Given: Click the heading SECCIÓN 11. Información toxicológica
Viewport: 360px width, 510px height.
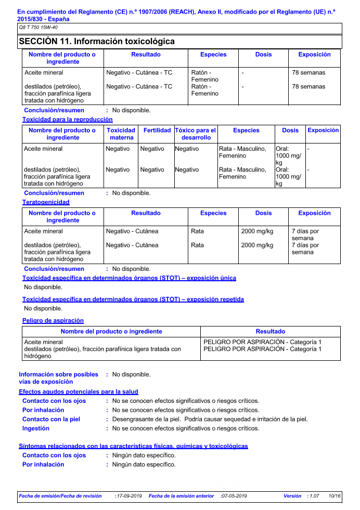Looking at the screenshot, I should click(x=97, y=42).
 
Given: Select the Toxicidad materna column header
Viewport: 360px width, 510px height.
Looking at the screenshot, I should click(x=121, y=134).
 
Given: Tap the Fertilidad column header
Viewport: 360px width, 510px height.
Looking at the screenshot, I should click(x=157, y=130).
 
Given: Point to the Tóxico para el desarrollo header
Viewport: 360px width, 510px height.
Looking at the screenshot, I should click(x=196, y=134).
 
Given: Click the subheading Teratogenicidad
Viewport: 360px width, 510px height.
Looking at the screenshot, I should click(x=46, y=202).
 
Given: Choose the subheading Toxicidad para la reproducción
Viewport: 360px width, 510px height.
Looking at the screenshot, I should click(x=67, y=120).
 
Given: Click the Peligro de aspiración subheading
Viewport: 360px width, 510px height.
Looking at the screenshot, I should click(x=53, y=321).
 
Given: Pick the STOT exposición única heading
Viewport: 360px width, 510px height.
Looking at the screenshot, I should click(x=129, y=278).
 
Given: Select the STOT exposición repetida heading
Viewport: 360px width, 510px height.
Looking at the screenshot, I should click(x=133, y=299).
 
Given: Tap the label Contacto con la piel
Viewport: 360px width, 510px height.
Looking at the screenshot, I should click(x=52, y=419).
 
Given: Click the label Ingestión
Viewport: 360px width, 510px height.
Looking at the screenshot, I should click(x=36, y=428).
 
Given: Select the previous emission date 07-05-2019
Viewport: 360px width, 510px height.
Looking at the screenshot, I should click(x=234, y=496).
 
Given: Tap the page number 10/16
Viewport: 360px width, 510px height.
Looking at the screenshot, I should click(x=335, y=496).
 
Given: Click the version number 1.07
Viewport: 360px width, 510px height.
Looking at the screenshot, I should click(x=314, y=496).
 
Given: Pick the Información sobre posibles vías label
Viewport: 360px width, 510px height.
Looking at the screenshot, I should click(x=58, y=378).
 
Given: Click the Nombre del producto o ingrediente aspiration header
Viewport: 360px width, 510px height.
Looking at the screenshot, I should click(x=111, y=332).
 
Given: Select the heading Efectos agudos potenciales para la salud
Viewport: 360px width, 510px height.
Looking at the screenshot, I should click(x=79, y=391).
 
